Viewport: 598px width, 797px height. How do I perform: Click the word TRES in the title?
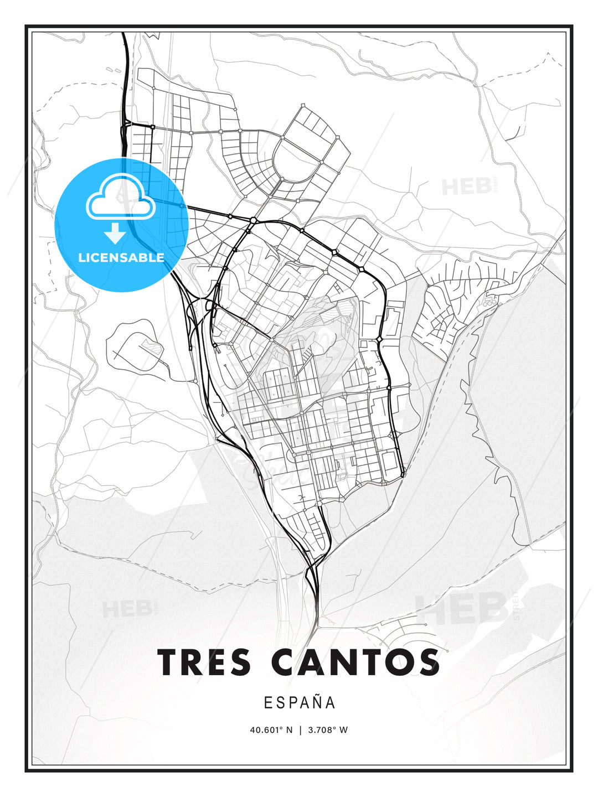tap(204, 662)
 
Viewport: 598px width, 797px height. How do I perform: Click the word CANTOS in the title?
tap(356, 662)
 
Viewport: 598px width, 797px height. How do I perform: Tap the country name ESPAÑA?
tap(299, 703)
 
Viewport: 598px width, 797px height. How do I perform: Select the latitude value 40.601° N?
tap(271, 730)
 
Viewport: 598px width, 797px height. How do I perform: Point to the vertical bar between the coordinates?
tap(300, 730)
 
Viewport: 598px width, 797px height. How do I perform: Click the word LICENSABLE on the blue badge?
tap(121, 257)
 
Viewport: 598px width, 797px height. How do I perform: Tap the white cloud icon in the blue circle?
tap(120, 198)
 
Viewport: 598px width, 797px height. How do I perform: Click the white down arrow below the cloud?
tap(115, 233)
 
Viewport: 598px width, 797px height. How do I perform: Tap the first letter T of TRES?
tap(169, 662)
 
